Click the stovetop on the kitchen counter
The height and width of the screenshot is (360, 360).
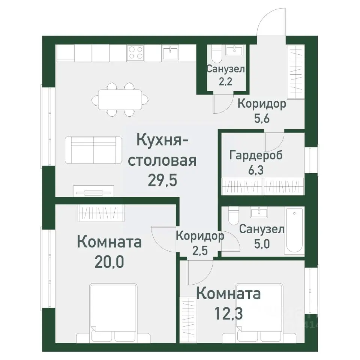pyautogui.click(x=136, y=52)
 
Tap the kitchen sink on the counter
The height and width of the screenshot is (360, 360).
pyautogui.click(x=171, y=52)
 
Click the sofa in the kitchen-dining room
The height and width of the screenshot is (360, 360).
pyautogui.click(x=93, y=150)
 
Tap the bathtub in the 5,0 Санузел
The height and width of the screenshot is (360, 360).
pyautogui.click(x=295, y=231)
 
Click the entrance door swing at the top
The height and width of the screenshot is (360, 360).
pyautogui.click(x=271, y=23)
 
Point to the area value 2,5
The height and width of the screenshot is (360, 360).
pyautogui.click(x=199, y=250)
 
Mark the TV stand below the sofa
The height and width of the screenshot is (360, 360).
pyautogui.click(x=93, y=190)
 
